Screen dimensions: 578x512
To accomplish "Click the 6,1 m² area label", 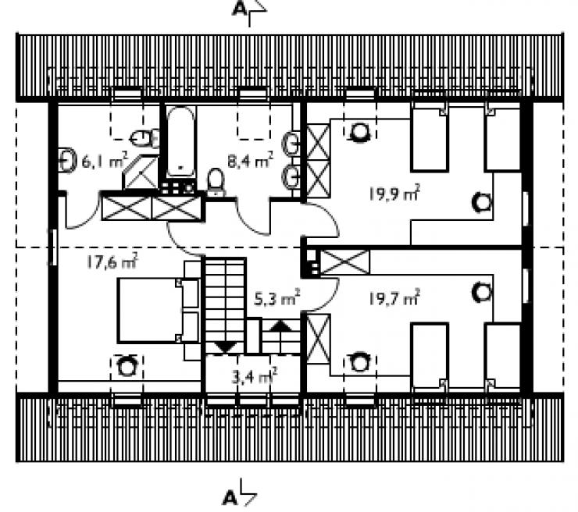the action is pos(105,161).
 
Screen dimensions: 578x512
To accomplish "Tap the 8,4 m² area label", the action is pos(250,161).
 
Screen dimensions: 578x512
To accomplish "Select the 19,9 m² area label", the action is pos(394,194).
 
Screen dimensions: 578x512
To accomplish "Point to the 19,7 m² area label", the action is pos(394,298).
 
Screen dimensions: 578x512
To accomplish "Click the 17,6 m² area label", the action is pos(112,261).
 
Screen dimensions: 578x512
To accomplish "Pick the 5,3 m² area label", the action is pos(277,298).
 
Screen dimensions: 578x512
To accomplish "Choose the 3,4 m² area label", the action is pos(255,376).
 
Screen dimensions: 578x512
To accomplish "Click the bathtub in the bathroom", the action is pos(180,142).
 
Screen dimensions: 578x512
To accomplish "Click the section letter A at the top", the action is pos(240,9).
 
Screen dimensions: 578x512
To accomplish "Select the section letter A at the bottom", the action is pos(230,498).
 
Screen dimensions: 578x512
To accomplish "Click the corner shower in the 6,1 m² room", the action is pos(141,172).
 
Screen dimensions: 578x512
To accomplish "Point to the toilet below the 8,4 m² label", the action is pos(216,183).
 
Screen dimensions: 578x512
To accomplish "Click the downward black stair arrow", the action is pos(225,347).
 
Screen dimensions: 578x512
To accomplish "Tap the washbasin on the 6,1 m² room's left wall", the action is pos(67,160).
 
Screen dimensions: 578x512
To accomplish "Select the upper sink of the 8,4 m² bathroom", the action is pos(291,144).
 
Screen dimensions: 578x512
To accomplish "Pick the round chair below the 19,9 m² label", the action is pos(482,203).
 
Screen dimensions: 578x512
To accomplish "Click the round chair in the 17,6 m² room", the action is pos(127,366).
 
